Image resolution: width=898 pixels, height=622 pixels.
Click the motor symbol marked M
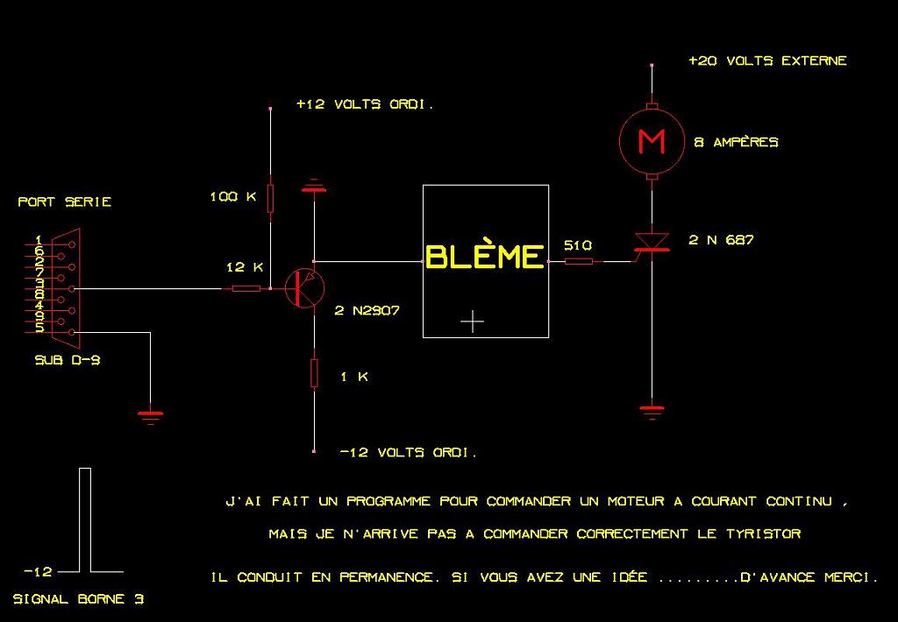651,140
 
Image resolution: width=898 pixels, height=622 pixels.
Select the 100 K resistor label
232,196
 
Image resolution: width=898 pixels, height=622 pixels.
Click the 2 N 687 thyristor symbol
651,243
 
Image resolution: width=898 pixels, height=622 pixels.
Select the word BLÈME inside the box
485,257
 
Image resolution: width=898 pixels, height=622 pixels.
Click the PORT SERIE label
65,201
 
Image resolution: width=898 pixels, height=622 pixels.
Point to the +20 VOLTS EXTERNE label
767,61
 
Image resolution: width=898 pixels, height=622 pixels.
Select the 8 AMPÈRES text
736,142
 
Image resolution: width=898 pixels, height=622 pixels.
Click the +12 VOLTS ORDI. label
365,104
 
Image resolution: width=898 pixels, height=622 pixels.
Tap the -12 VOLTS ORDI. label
408,453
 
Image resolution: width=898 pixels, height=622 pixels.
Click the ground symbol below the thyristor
651,409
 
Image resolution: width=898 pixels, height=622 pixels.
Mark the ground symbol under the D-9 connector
151,415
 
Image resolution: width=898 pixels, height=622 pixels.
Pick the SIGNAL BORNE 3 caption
79,600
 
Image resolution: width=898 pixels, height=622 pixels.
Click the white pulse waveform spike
85,517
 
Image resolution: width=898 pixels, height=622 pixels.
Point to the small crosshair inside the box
472,322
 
